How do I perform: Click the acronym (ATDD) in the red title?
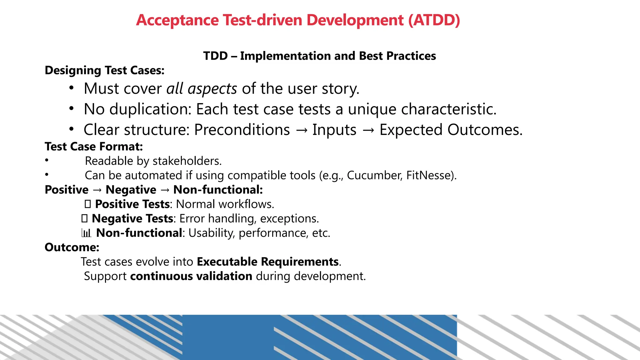(434, 20)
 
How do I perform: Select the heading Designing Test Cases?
(104, 70)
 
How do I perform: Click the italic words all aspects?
(202, 89)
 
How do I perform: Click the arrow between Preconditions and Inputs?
(301, 130)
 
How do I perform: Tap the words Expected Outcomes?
(451, 130)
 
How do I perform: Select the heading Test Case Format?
(94, 147)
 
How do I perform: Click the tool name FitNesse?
(431, 175)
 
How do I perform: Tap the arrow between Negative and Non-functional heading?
(165, 190)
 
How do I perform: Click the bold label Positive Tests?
(132, 204)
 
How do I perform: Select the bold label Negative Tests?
(132, 219)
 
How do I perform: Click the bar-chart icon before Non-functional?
(86, 233)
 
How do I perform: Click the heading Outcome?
(72, 247)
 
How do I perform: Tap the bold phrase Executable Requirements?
(268, 262)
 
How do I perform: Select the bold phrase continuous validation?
(191, 276)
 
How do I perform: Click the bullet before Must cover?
(72, 88)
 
